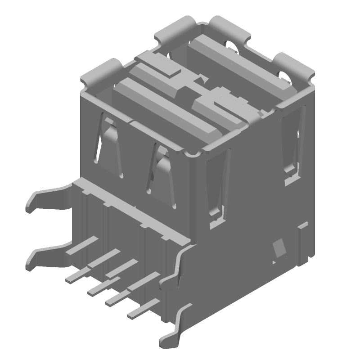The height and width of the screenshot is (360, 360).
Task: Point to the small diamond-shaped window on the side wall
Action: point(279,247)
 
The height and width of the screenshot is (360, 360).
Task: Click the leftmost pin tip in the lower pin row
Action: point(72,279)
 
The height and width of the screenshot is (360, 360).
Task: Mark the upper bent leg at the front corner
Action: point(175,270)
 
